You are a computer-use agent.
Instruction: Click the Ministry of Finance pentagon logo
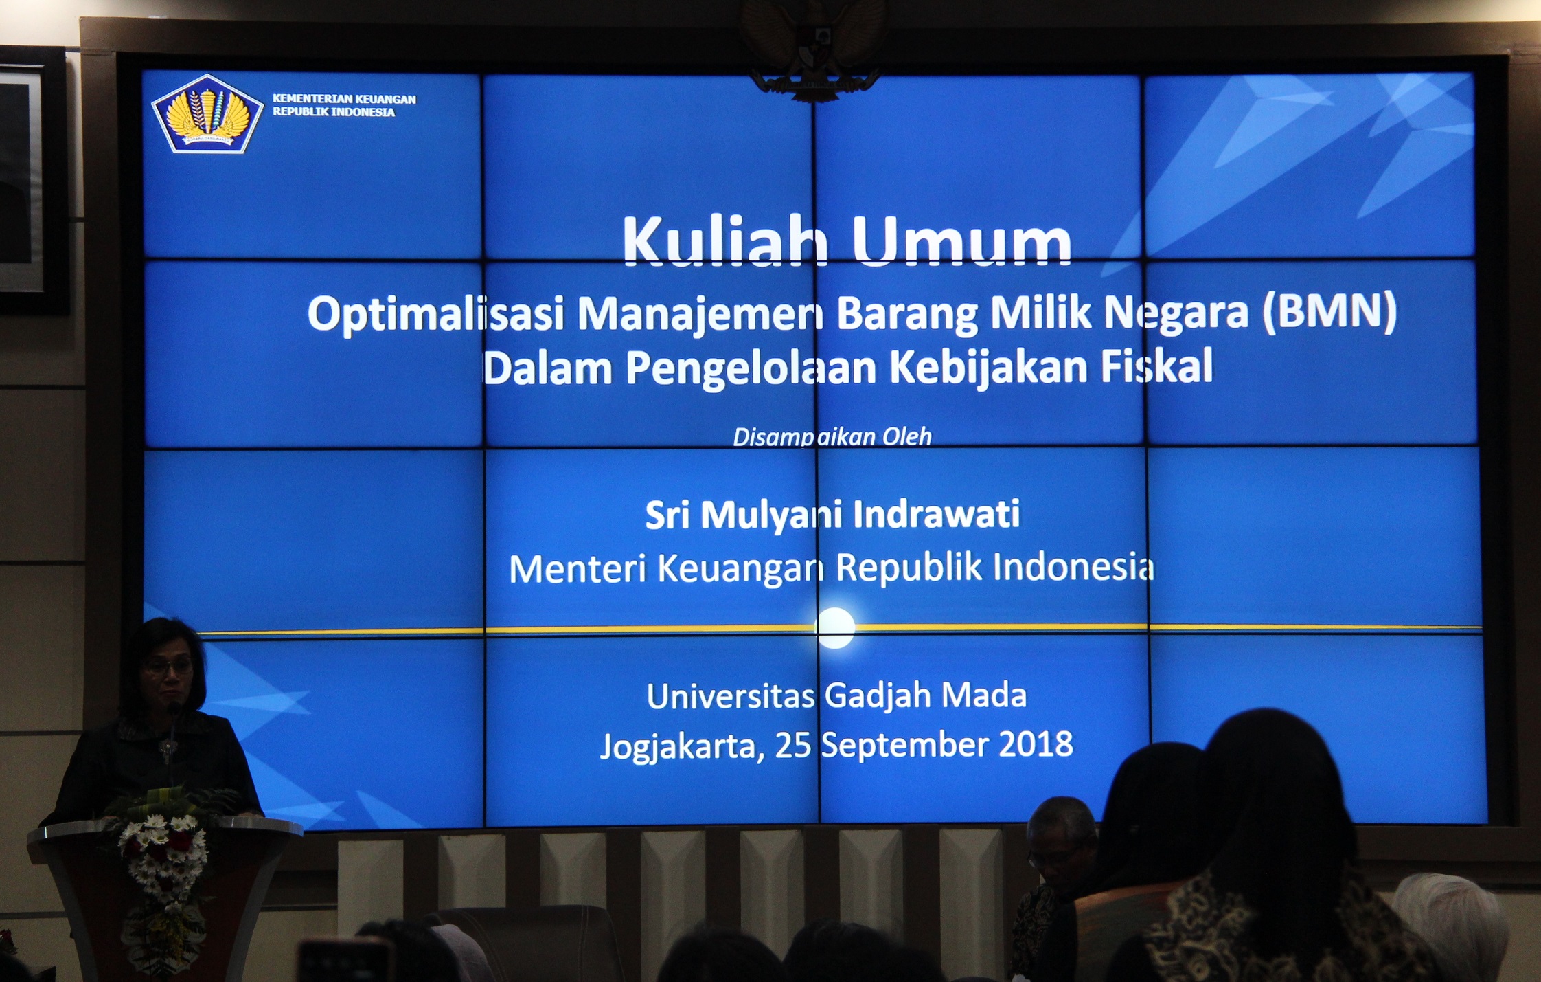pos(207,113)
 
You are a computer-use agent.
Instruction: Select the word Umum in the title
pos(961,242)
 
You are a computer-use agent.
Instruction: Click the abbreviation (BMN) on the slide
pos(1329,312)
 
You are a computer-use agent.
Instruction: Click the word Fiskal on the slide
pos(1157,366)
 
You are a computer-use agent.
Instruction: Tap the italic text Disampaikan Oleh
pos(832,437)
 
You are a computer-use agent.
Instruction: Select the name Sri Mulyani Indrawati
pos(832,515)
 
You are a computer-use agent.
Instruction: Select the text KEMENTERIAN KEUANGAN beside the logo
pos(344,99)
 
